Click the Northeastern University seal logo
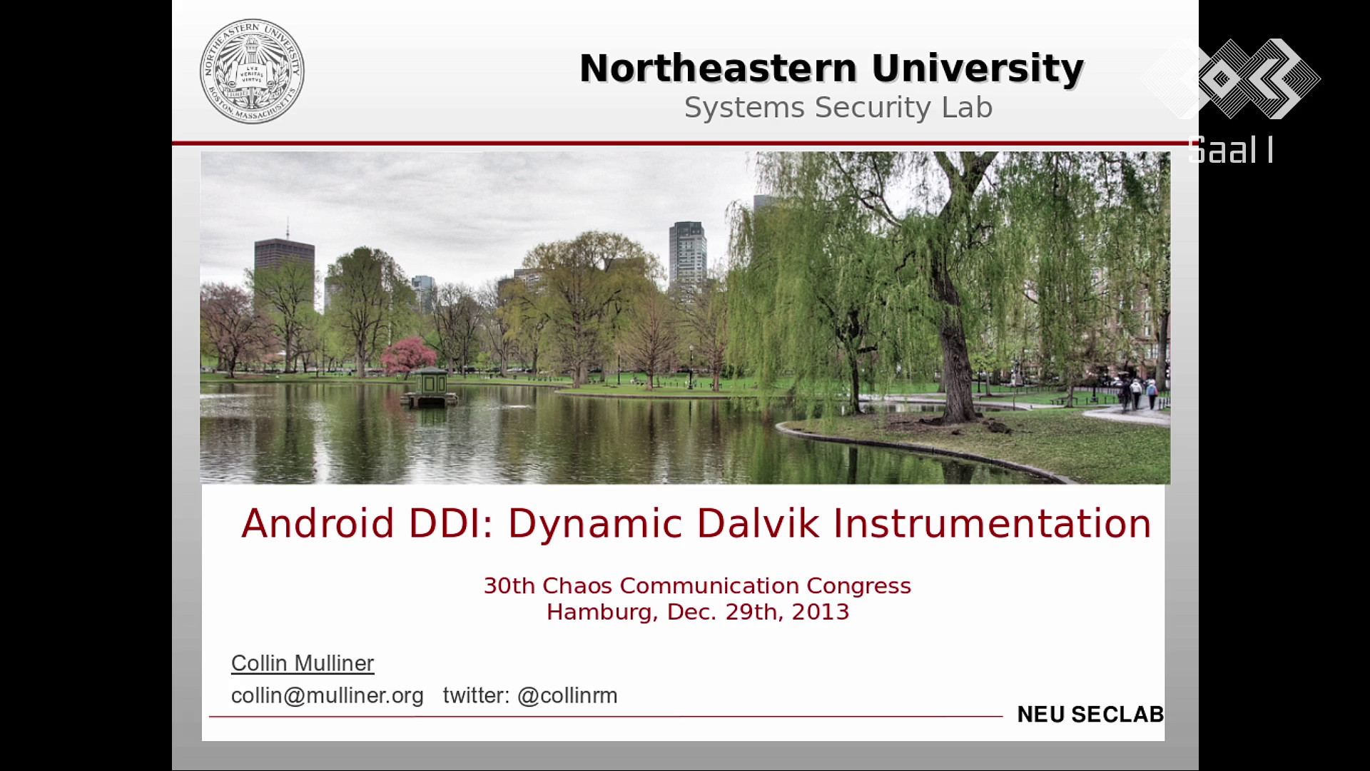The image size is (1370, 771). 252,71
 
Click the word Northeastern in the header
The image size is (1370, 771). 718,69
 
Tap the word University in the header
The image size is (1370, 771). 978,70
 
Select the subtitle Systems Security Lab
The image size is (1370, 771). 838,108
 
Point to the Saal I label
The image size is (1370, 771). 1231,150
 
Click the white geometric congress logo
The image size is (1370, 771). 1232,79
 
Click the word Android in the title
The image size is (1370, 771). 318,523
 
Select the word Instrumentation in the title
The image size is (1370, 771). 992,523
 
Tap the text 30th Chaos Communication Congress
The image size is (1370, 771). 697,586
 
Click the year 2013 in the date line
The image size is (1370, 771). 820,613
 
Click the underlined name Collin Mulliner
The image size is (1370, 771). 303,664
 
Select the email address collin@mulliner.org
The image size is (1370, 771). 328,696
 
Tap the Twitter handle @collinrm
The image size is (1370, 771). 567,696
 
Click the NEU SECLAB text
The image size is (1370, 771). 1090,715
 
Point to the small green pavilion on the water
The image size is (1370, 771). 430,388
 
